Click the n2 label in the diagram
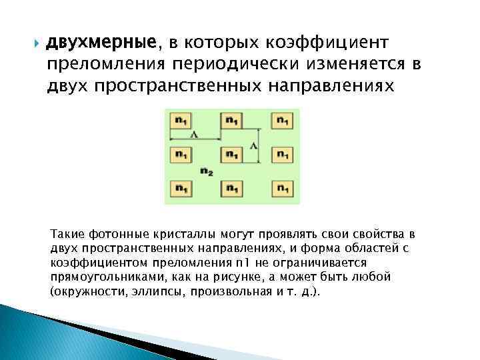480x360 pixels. pyautogui.click(x=206, y=171)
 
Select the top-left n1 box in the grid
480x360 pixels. pyautogui.click(x=181, y=121)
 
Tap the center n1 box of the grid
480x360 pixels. pyautogui.click(x=231, y=155)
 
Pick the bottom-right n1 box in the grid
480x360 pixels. pyautogui.click(x=282, y=188)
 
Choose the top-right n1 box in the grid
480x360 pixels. pyautogui.click(x=282, y=121)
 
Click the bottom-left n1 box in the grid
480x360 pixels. pyautogui.click(x=181, y=188)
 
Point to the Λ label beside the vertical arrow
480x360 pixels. pyautogui.click(x=254, y=145)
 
